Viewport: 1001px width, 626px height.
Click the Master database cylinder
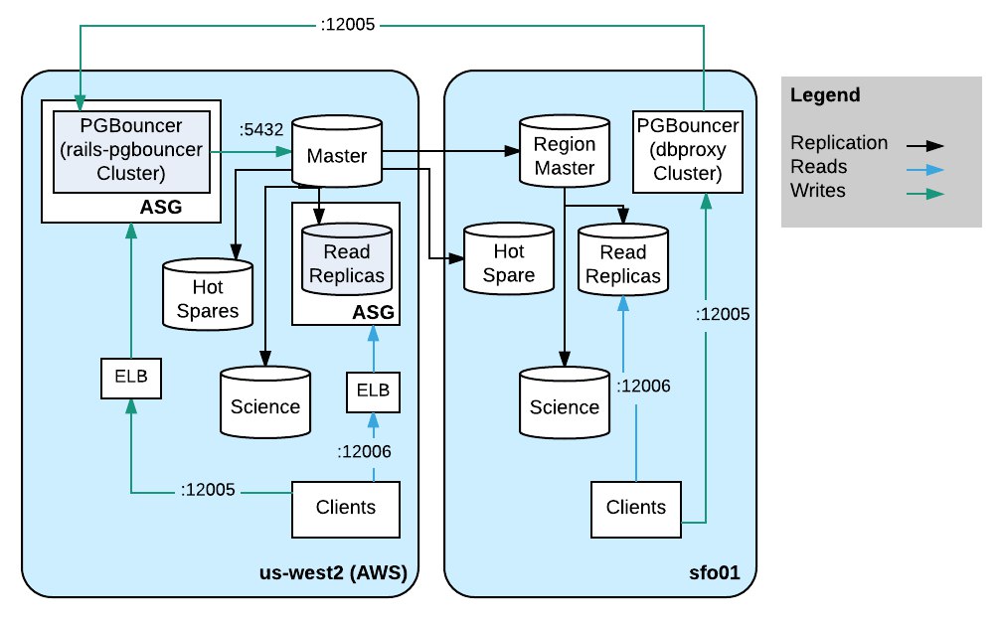click(337, 151)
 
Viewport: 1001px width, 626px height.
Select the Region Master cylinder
click(565, 151)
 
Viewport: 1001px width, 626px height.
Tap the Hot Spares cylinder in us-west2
click(208, 295)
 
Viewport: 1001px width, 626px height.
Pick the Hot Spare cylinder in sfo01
click(509, 259)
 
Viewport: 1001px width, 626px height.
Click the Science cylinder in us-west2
click(265, 402)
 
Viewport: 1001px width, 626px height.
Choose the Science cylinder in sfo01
click(565, 402)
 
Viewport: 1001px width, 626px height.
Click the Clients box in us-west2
click(346, 510)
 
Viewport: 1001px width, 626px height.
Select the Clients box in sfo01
click(636, 510)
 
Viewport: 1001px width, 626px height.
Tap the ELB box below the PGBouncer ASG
click(131, 379)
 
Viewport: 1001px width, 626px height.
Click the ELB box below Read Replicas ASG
click(374, 392)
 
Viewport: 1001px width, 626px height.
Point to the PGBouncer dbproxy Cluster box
click(688, 151)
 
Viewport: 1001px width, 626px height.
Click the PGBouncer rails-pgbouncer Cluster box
click(131, 152)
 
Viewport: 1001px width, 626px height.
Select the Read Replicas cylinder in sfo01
click(623, 259)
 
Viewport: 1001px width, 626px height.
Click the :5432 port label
click(261, 129)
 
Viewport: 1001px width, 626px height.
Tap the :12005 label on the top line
click(347, 25)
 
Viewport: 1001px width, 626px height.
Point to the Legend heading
click(825, 95)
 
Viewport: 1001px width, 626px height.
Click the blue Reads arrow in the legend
click(925, 170)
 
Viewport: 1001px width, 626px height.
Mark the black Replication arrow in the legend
click(925, 146)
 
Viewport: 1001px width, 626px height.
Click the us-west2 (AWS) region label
click(333, 572)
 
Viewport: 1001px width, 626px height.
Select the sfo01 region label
click(715, 572)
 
